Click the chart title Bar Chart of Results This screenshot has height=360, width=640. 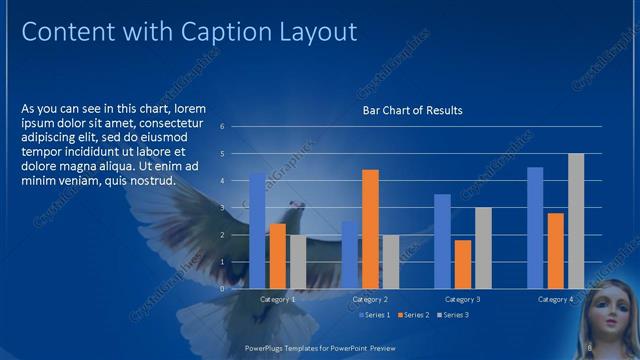(412, 110)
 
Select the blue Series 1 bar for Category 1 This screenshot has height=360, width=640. (257, 230)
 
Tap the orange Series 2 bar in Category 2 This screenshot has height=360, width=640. (370, 229)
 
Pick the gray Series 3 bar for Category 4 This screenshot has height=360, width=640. (576, 221)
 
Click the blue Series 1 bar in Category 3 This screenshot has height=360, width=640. (442, 241)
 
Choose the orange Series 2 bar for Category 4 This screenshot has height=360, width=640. (555, 250)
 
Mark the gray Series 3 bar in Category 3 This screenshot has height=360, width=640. (483, 248)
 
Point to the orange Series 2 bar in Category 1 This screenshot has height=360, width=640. (277, 256)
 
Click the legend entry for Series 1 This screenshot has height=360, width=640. (375, 315)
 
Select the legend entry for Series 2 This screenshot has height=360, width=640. (414, 315)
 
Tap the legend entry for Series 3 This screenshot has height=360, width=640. (452, 315)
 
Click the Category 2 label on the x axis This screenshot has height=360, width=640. (371, 299)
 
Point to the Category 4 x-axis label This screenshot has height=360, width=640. (556, 299)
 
